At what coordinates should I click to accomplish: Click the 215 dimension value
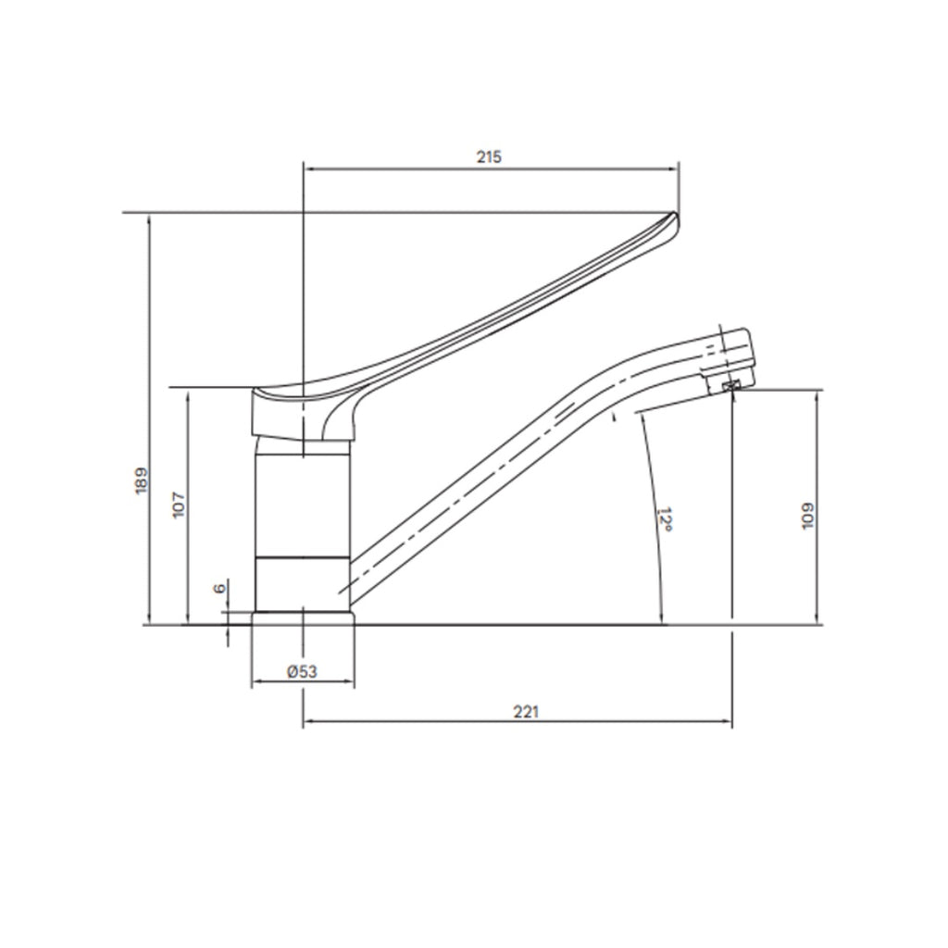click(489, 156)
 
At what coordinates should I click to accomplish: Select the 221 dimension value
click(525, 711)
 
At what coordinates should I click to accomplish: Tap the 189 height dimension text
click(141, 480)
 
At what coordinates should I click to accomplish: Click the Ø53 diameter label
click(302, 672)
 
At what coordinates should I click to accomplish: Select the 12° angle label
click(664, 518)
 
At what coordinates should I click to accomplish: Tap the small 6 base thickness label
click(219, 589)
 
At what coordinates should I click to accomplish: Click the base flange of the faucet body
click(303, 617)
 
